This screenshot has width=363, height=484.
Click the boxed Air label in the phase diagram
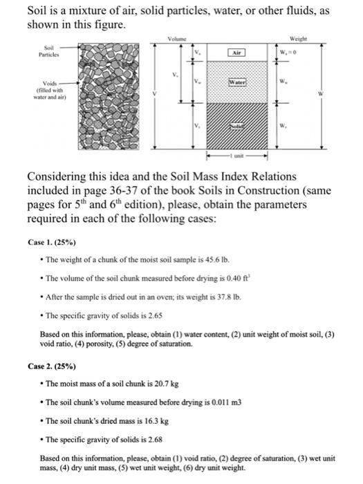(x=237, y=52)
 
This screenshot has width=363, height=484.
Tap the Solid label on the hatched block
(x=237, y=126)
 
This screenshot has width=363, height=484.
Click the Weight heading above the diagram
(x=299, y=39)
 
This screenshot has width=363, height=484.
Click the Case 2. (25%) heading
(x=52, y=365)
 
